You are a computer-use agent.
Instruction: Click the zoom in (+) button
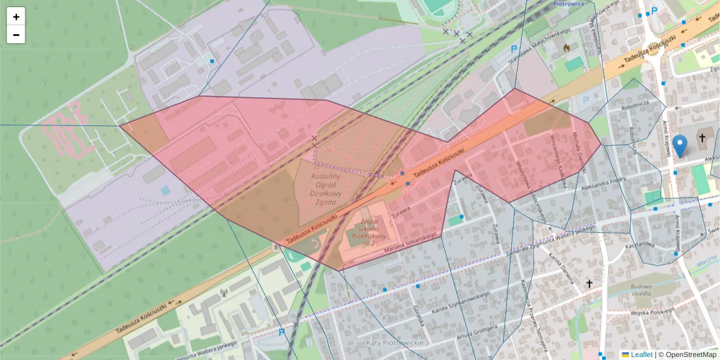tap(16, 17)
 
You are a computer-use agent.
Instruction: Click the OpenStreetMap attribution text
tap(688, 355)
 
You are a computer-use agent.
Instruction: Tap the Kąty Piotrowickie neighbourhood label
tap(394, 342)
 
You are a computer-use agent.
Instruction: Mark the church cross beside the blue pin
tap(701, 139)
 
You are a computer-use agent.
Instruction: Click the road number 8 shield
tap(275, 246)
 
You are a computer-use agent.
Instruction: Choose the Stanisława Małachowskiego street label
tap(538, 44)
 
